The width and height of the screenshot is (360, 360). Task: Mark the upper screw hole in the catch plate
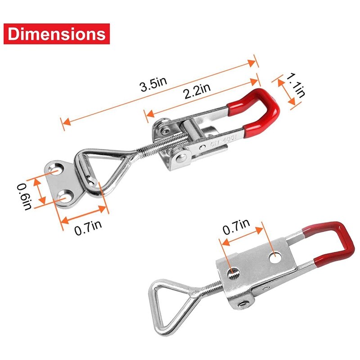coord(57,171)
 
